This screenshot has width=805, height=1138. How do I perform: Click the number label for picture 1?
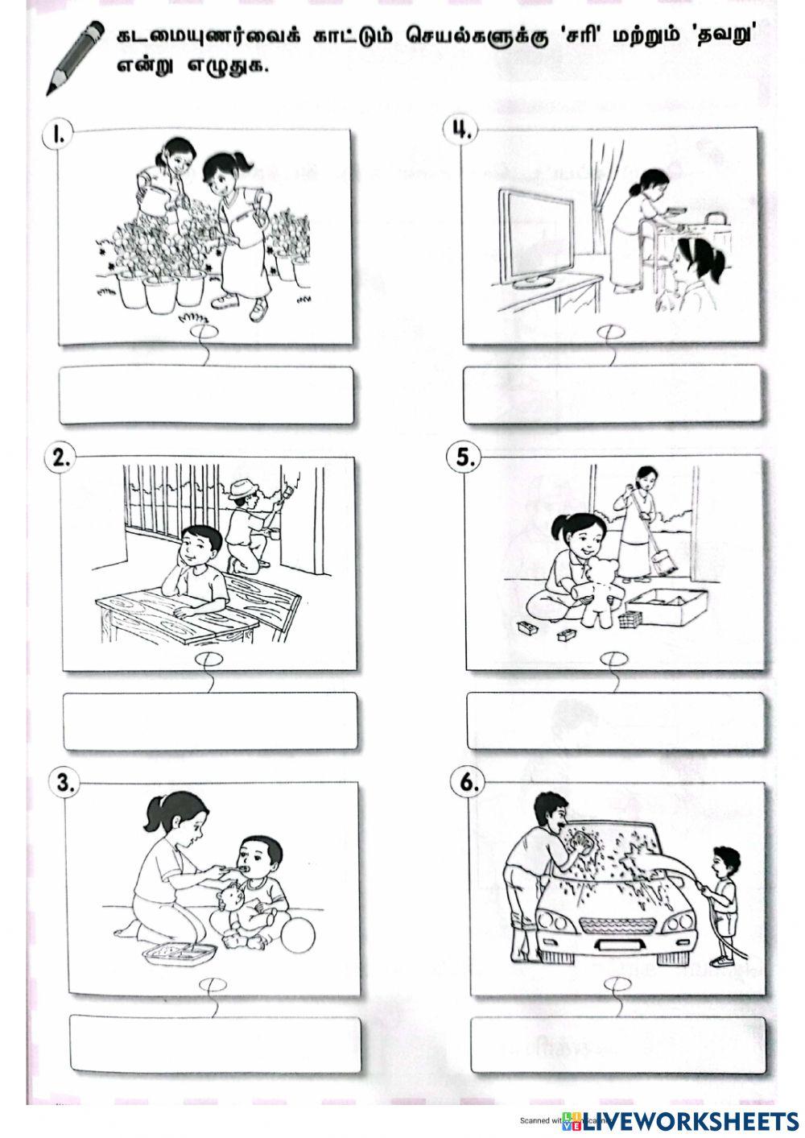(57, 133)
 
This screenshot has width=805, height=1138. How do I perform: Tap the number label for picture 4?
(460, 130)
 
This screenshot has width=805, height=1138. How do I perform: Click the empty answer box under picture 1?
(206, 395)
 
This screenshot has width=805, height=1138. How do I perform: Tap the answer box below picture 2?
(209, 721)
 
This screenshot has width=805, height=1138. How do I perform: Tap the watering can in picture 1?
(155, 187)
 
